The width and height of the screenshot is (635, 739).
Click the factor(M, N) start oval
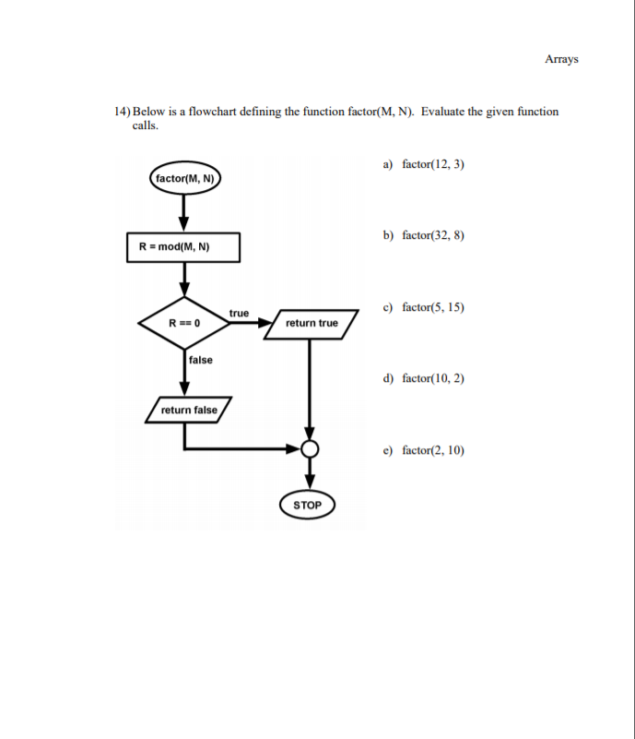[184, 178]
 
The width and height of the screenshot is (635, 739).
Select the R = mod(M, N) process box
[183, 247]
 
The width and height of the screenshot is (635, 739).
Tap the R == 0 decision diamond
[184, 323]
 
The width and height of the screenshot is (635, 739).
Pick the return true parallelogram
[312, 324]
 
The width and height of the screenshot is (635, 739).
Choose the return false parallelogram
[189, 410]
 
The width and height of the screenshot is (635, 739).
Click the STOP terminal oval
[308, 505]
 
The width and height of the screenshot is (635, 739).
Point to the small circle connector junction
[310, 449]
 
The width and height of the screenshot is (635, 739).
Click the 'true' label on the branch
[239, 314]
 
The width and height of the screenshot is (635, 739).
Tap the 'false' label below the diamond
[200, 360]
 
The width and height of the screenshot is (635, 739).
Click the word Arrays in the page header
[561, 59]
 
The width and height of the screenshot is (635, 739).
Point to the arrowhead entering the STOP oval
[310, 481]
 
